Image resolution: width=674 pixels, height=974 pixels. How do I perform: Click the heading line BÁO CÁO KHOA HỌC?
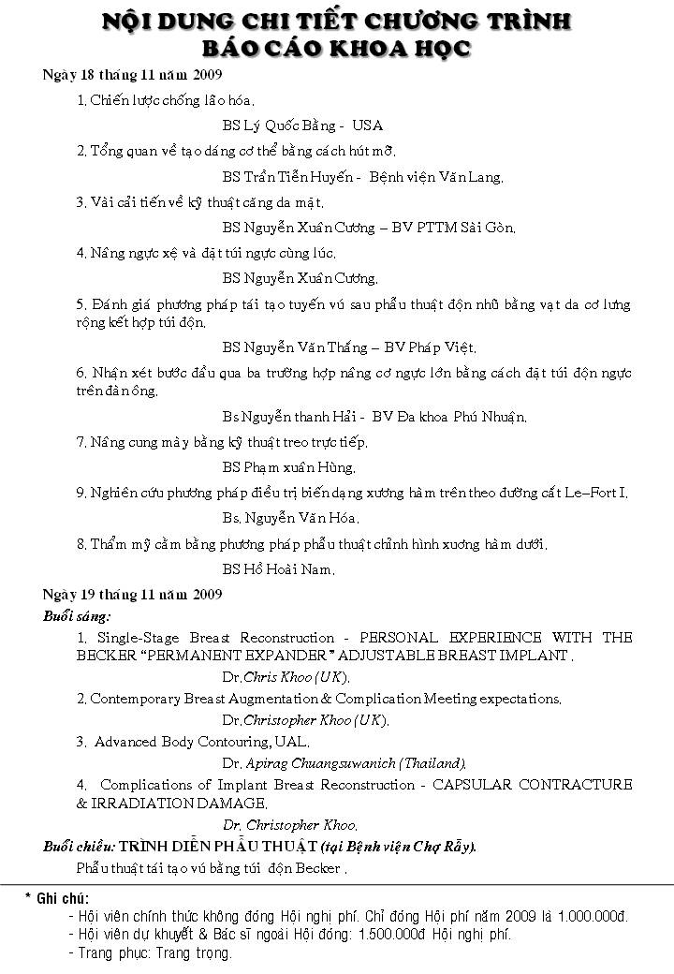click(x=337, y=48)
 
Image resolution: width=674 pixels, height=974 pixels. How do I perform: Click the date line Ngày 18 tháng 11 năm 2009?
click(x=132, y=75)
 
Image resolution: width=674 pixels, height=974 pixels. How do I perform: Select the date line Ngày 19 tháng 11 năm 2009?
click(x=132, y=594)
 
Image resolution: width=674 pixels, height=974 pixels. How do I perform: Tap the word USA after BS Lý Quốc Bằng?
click(x=367, y=125)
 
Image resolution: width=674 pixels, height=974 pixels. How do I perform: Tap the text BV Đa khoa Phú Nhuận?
click(x=448, y=417)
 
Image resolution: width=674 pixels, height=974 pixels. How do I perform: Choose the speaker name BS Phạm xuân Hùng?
click(x=288, y=467)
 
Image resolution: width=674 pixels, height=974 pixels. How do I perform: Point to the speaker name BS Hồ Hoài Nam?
click(x=278, y=568)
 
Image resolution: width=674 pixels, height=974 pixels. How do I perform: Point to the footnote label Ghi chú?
click(x=62, y=897)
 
